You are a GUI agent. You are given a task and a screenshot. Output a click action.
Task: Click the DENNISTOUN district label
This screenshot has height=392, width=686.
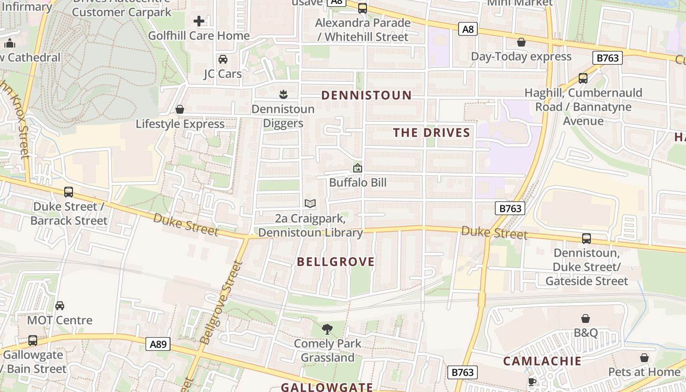point(366,95)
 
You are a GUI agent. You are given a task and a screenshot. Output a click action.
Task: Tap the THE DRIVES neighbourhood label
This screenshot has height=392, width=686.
point(431,132)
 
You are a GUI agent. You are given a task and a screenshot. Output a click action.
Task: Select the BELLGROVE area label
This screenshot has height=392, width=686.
point(336,262)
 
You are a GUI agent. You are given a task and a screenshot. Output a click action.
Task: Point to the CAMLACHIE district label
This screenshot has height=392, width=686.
point(542,361)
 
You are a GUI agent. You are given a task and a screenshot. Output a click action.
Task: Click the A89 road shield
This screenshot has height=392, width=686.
point(158,344)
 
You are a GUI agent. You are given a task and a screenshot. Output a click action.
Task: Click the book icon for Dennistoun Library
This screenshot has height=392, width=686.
point(310,203)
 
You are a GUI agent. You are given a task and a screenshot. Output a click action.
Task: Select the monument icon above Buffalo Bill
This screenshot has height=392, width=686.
point(358,168)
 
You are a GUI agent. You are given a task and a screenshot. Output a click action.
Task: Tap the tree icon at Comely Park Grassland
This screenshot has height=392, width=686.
point(327,329)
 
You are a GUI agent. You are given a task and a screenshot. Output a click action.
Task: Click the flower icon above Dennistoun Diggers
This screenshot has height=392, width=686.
point(283,94)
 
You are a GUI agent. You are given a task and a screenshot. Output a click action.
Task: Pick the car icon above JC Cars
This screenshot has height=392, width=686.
point(223,59)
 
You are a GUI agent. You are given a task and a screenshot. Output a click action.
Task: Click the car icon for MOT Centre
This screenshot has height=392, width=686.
point(60,306)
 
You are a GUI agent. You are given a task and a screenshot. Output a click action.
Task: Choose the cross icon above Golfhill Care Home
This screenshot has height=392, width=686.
point(199,21)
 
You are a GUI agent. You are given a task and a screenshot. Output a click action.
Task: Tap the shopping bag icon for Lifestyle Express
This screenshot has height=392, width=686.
point(180,109)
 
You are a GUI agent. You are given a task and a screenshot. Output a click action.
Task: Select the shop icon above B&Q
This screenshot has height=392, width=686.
point(586,318)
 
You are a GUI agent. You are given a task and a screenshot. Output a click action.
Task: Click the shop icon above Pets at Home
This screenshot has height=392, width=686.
point(644,358)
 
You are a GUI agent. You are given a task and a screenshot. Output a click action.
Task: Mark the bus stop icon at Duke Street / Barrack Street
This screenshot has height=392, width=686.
point(69,192)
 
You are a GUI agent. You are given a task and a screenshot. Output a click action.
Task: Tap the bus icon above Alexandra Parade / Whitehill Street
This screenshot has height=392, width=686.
point(363,8)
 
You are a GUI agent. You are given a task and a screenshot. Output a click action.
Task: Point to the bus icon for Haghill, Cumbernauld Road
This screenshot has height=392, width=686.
point(583,78)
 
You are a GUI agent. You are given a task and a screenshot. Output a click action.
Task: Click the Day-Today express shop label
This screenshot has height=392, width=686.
point(521,56)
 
